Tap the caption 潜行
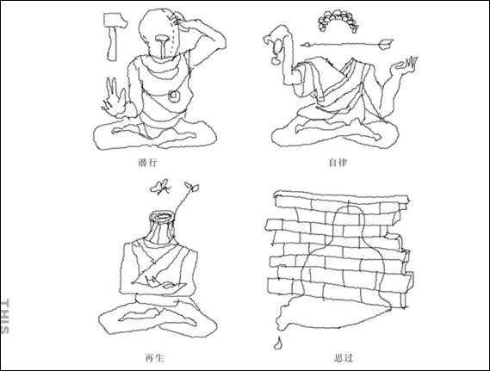coord(147,163)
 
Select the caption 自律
coord(338,163)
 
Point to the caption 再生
coord(155,357)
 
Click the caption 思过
coord(343,357)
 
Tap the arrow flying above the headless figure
coord(347,45)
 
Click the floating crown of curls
coord(338,21)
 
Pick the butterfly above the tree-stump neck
coord(161,187)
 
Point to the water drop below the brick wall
coord(277,343)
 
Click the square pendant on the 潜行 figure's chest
coord(174,96)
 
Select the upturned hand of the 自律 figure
coord(404,66)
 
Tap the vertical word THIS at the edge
coord(5,317)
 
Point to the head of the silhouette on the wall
coord(350,220)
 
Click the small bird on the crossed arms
coord(152,281)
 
